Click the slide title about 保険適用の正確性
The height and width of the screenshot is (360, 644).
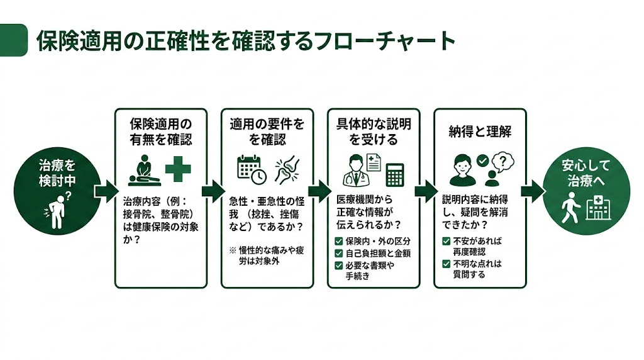click(x=245, y=41)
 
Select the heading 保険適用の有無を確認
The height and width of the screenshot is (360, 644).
click(x=160, y=131)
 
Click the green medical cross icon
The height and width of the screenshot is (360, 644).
click(x=178, y=169)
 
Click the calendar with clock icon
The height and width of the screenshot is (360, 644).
click(x=251, y=169)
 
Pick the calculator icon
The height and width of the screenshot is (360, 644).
click(x=394, y=173)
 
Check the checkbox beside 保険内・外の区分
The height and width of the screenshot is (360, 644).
click(x=339, y=241)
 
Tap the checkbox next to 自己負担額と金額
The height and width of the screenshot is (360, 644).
click(x=339, y=253)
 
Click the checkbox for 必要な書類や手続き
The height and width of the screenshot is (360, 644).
click(x=339, y=265)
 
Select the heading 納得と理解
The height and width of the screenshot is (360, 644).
click(x=480, y=132)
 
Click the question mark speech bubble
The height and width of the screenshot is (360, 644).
click(x=501, y=162)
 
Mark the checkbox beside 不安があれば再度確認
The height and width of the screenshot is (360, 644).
click(x=447, y=241)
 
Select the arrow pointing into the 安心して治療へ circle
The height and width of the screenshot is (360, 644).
click(x=534, y=189)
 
